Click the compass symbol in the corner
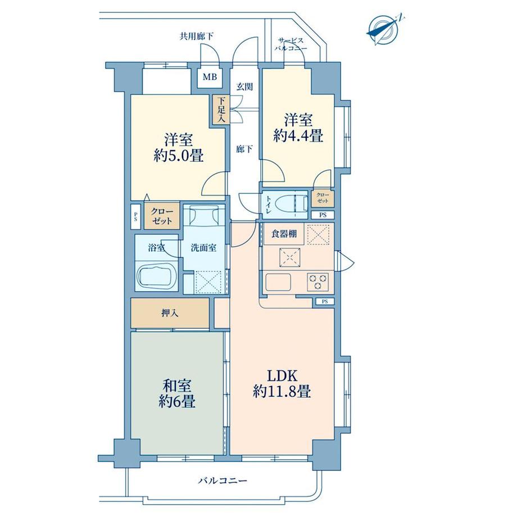click(383, 31)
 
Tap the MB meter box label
click(210, 77)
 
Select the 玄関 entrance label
click(244, 87)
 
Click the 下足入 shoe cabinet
click(221, 110)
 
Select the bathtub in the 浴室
click(156, 276)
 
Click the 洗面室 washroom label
click(203, 248)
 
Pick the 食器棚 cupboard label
click(284, 234)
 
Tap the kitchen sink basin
click(278, 282)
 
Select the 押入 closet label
click(170, 313)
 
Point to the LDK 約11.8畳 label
click(282, 383)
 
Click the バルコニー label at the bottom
click(223, 480)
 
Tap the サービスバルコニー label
click(291, 44)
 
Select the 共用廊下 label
click(196, 37)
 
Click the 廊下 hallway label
click(244, 149)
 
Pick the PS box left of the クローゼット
click(136, 217)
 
